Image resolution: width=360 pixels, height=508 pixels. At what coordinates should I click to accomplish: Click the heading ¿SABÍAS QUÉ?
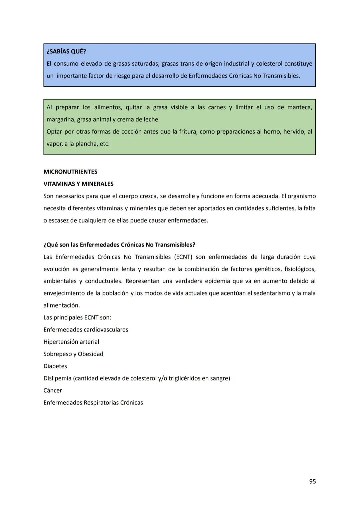[66, 52]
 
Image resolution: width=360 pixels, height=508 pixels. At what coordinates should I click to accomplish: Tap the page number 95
[312, 481]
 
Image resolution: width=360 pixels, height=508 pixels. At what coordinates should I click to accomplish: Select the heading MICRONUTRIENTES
[70, 172]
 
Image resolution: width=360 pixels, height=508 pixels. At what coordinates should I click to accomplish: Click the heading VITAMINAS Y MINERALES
[78, 184]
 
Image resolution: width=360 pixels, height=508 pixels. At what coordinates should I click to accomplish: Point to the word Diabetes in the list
[55, 366]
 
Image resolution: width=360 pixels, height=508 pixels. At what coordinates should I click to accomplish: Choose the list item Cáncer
[53, 390]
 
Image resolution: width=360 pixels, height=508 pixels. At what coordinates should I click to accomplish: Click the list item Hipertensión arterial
[71, 342]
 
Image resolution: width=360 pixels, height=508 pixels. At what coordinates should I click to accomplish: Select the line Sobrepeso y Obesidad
[73, 354]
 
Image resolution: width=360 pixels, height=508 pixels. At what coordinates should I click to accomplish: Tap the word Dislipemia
[57, 378]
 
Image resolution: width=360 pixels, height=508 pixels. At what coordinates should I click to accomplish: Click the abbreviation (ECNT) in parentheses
[183, 257]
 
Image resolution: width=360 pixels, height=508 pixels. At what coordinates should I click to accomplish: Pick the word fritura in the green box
[188, 132]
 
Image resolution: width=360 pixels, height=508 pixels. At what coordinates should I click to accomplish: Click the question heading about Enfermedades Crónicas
[119, 245]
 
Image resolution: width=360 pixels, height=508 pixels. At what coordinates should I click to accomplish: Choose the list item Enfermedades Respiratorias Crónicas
[93, 403]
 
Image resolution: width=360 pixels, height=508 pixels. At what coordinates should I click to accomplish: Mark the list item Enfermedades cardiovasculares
[86, 330]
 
